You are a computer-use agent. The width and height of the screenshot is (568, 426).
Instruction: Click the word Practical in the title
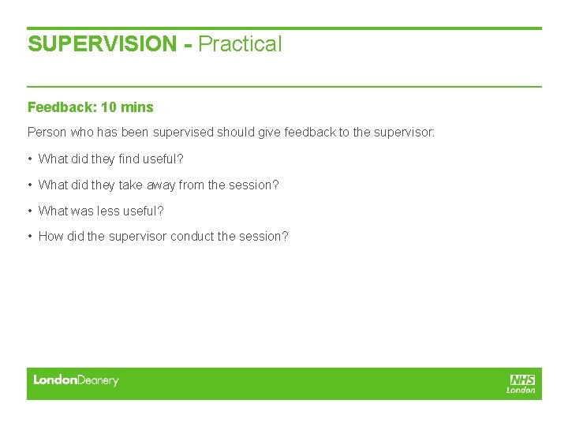click(x=240, y=44)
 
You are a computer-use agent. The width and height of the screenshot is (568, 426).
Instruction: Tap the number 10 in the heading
click(x=109, y=107)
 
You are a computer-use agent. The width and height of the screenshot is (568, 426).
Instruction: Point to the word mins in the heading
click(x=137, y=107)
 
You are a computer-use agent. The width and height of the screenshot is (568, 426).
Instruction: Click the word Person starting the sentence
click(x=47, y=133)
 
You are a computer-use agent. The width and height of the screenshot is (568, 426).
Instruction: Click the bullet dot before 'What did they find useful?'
click(x=30, y=159)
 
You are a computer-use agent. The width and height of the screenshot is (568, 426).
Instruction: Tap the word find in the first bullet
click(x=130, y=159)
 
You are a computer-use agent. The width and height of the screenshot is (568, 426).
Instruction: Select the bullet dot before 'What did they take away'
click(x=30, y=185)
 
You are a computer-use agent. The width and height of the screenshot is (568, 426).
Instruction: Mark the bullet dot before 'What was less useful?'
click(x=30, y=211)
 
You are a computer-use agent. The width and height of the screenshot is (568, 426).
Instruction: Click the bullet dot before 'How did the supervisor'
click(x=30, y=237)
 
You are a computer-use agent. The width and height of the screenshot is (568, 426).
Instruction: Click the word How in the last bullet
click(x=50, y=237)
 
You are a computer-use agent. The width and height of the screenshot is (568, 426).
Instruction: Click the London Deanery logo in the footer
click(x=76, y=381)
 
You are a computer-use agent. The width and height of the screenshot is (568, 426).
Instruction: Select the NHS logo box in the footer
click(x=522, y=379)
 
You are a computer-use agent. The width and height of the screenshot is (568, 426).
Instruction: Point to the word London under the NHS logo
click(x=521, y=390)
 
